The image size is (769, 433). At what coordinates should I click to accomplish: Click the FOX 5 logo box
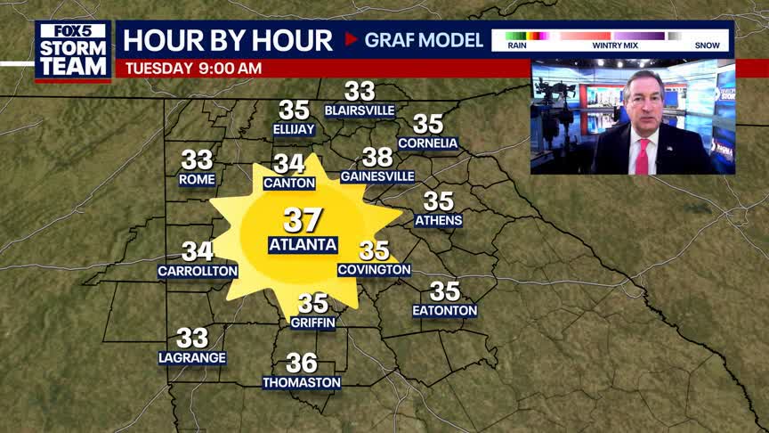(73, 30)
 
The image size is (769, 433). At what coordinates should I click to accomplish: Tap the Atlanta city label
(303, 245)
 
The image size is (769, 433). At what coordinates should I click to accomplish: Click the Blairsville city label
(360, 110)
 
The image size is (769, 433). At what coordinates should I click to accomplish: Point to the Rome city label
(197, 179)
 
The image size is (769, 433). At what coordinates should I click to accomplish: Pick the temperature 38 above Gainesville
(377, 158)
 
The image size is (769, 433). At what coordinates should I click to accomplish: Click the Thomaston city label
(302, 383)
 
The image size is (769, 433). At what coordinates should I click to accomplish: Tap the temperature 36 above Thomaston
(302, 363)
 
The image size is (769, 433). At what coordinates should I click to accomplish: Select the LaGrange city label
(192, 358)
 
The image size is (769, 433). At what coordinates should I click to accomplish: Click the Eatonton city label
(445, 311)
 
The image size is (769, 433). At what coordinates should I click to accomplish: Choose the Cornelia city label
(428, 143)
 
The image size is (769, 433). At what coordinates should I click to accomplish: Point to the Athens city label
(439, 221)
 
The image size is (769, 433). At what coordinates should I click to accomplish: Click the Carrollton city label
(198, 271)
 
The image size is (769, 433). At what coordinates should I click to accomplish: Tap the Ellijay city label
(294, 130)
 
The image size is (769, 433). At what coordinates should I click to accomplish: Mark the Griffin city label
(312, 323)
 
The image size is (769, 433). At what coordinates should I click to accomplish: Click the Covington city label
(375, 270)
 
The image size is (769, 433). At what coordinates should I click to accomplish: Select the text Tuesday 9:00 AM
(193, 68)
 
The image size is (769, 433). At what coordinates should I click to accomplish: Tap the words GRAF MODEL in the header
(424, 40)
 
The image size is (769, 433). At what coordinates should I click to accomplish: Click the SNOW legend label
(708, 45)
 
